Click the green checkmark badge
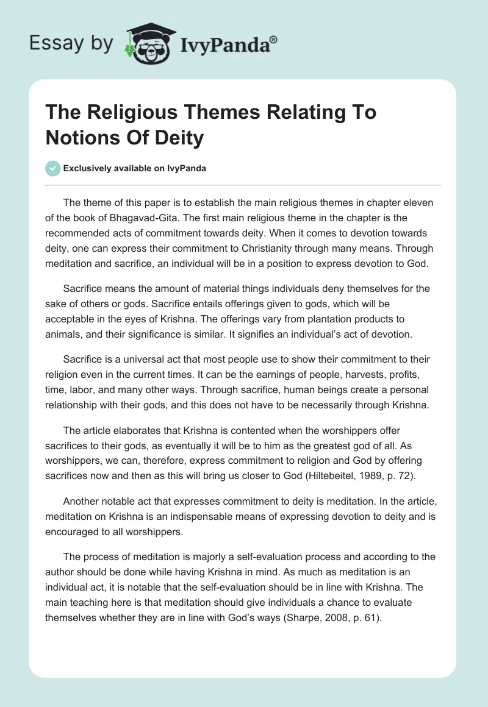pos(53,168)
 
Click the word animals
pos(66,333)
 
